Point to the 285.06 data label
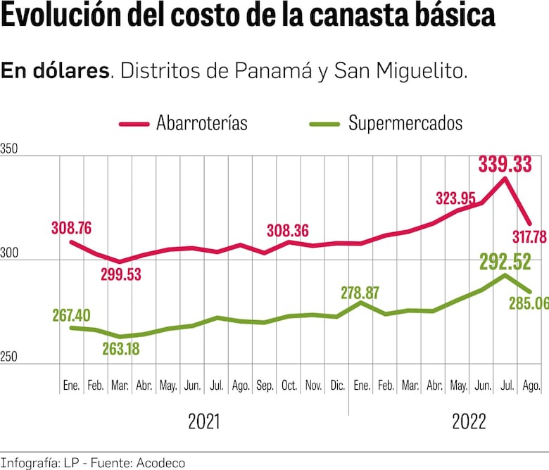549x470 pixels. [527, 303]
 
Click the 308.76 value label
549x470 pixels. [71, 228]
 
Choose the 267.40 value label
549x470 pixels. [71, 315]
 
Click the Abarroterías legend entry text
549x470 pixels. [202, 123]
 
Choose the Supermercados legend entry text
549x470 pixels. [405, 123]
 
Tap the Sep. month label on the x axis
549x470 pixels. [265, 386]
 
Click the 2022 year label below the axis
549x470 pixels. [469, 422]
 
